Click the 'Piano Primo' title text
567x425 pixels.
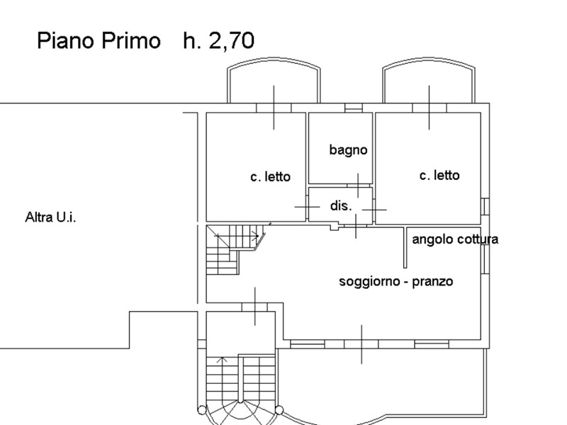pos(99,41)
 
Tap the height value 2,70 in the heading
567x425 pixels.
pos(232,40)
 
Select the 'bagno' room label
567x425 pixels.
pos(348,150)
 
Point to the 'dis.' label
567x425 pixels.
pos(341,205)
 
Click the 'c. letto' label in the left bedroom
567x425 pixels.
pos(271,176)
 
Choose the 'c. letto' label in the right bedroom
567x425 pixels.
pos(439,175)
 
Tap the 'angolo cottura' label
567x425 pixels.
pos(455,239)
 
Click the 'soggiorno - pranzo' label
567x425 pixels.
pos(396,281)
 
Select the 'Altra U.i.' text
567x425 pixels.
pos(50,217)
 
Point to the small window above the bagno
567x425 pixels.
pos(353,108)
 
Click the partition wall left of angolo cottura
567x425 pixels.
pos(405,247)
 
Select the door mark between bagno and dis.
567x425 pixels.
pos(358,186)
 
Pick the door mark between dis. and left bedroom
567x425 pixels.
pos(307,207)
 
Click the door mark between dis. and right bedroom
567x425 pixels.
pos(374,209)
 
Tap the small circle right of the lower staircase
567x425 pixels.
pos(279,410)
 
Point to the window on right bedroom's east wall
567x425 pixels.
pos(485,206)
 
